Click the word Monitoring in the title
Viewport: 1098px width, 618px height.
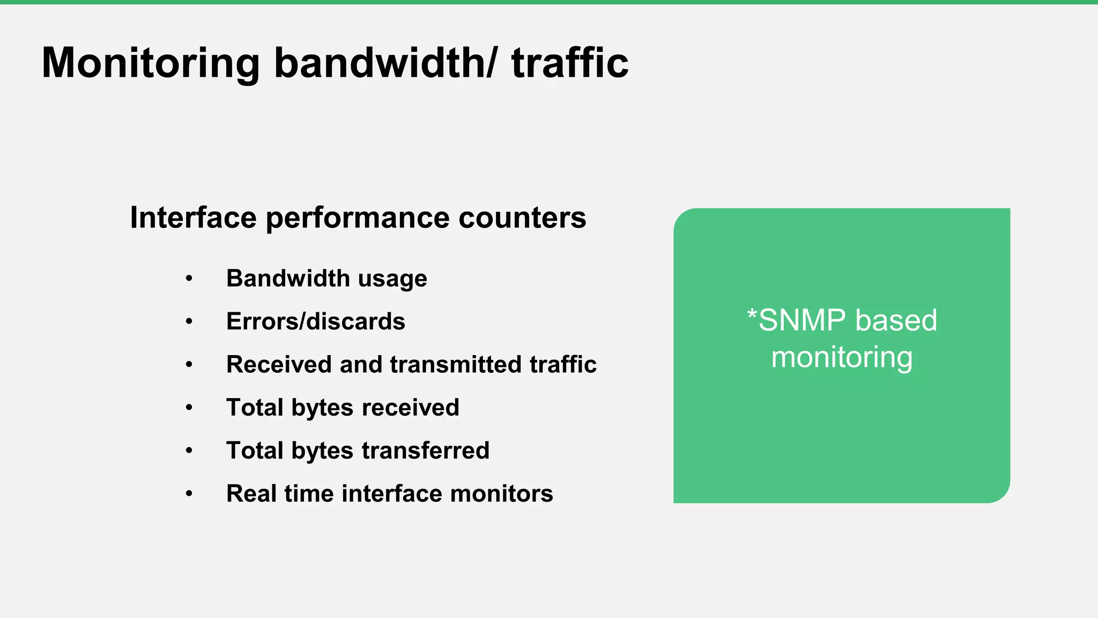click(151, 63)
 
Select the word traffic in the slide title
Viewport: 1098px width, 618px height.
click(569, 63)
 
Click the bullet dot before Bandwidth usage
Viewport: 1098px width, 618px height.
click(189, 279)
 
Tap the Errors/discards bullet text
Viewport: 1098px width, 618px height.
click(315, 321)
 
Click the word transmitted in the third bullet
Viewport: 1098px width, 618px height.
click(455, 364)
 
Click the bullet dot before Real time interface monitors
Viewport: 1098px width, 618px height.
click(189, 494)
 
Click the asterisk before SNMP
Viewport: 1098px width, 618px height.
click(752, 313)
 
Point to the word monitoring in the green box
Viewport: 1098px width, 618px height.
click(842, 357)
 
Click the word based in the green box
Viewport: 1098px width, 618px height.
click(896, 320)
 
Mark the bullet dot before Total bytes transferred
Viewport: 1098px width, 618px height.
click(189, 451)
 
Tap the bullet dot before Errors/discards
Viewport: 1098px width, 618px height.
click(189, 322)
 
